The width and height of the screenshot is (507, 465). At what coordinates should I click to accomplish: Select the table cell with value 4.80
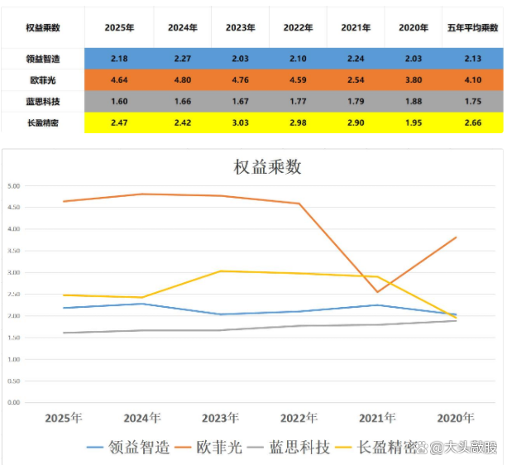point(182,80)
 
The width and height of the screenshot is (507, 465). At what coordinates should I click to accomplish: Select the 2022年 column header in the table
point(298,27)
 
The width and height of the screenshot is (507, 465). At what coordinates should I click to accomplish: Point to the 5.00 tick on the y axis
point(13,185)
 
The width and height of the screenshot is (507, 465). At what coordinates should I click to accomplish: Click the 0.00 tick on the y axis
point(13,402)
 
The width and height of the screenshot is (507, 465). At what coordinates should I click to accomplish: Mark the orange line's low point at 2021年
point(377,292)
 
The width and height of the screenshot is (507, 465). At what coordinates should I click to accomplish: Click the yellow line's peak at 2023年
point(220,271)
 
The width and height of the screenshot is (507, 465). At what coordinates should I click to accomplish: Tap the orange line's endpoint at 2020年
point(456,237)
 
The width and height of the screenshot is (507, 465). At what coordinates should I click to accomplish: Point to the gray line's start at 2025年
point(64,333)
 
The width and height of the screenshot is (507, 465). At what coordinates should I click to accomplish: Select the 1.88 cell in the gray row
point(414,102)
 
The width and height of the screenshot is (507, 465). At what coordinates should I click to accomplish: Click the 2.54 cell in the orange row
point(356,80)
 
